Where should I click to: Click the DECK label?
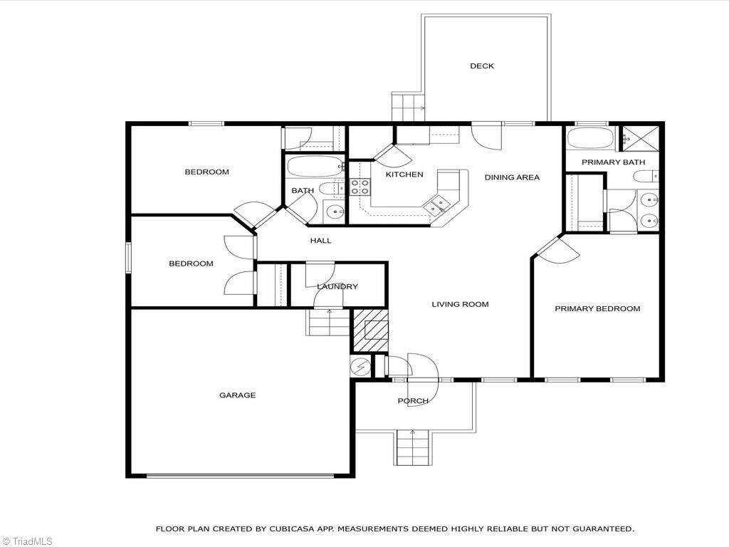pos(481,66)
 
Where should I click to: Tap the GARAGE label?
pos(237,395)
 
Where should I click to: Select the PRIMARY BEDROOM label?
pos(597,308)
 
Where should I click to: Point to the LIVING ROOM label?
pos(460,304)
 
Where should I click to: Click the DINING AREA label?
pos(512,177)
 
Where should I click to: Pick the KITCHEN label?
pos(404,174)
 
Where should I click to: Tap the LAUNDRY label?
pos(337,286)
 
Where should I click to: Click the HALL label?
pos(320,241)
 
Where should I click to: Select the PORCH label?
pos(413,401)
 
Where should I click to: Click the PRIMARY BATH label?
pos(613,162)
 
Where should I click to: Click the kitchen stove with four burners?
pos(360,187)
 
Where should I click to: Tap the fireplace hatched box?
pos(371,330)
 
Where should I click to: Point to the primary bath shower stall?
pos(638,137)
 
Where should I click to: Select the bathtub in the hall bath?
pos(313,167)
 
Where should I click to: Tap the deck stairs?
pos(407,108)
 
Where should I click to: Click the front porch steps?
pos(414,447)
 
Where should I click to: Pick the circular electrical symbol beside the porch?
pos(361,366)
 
